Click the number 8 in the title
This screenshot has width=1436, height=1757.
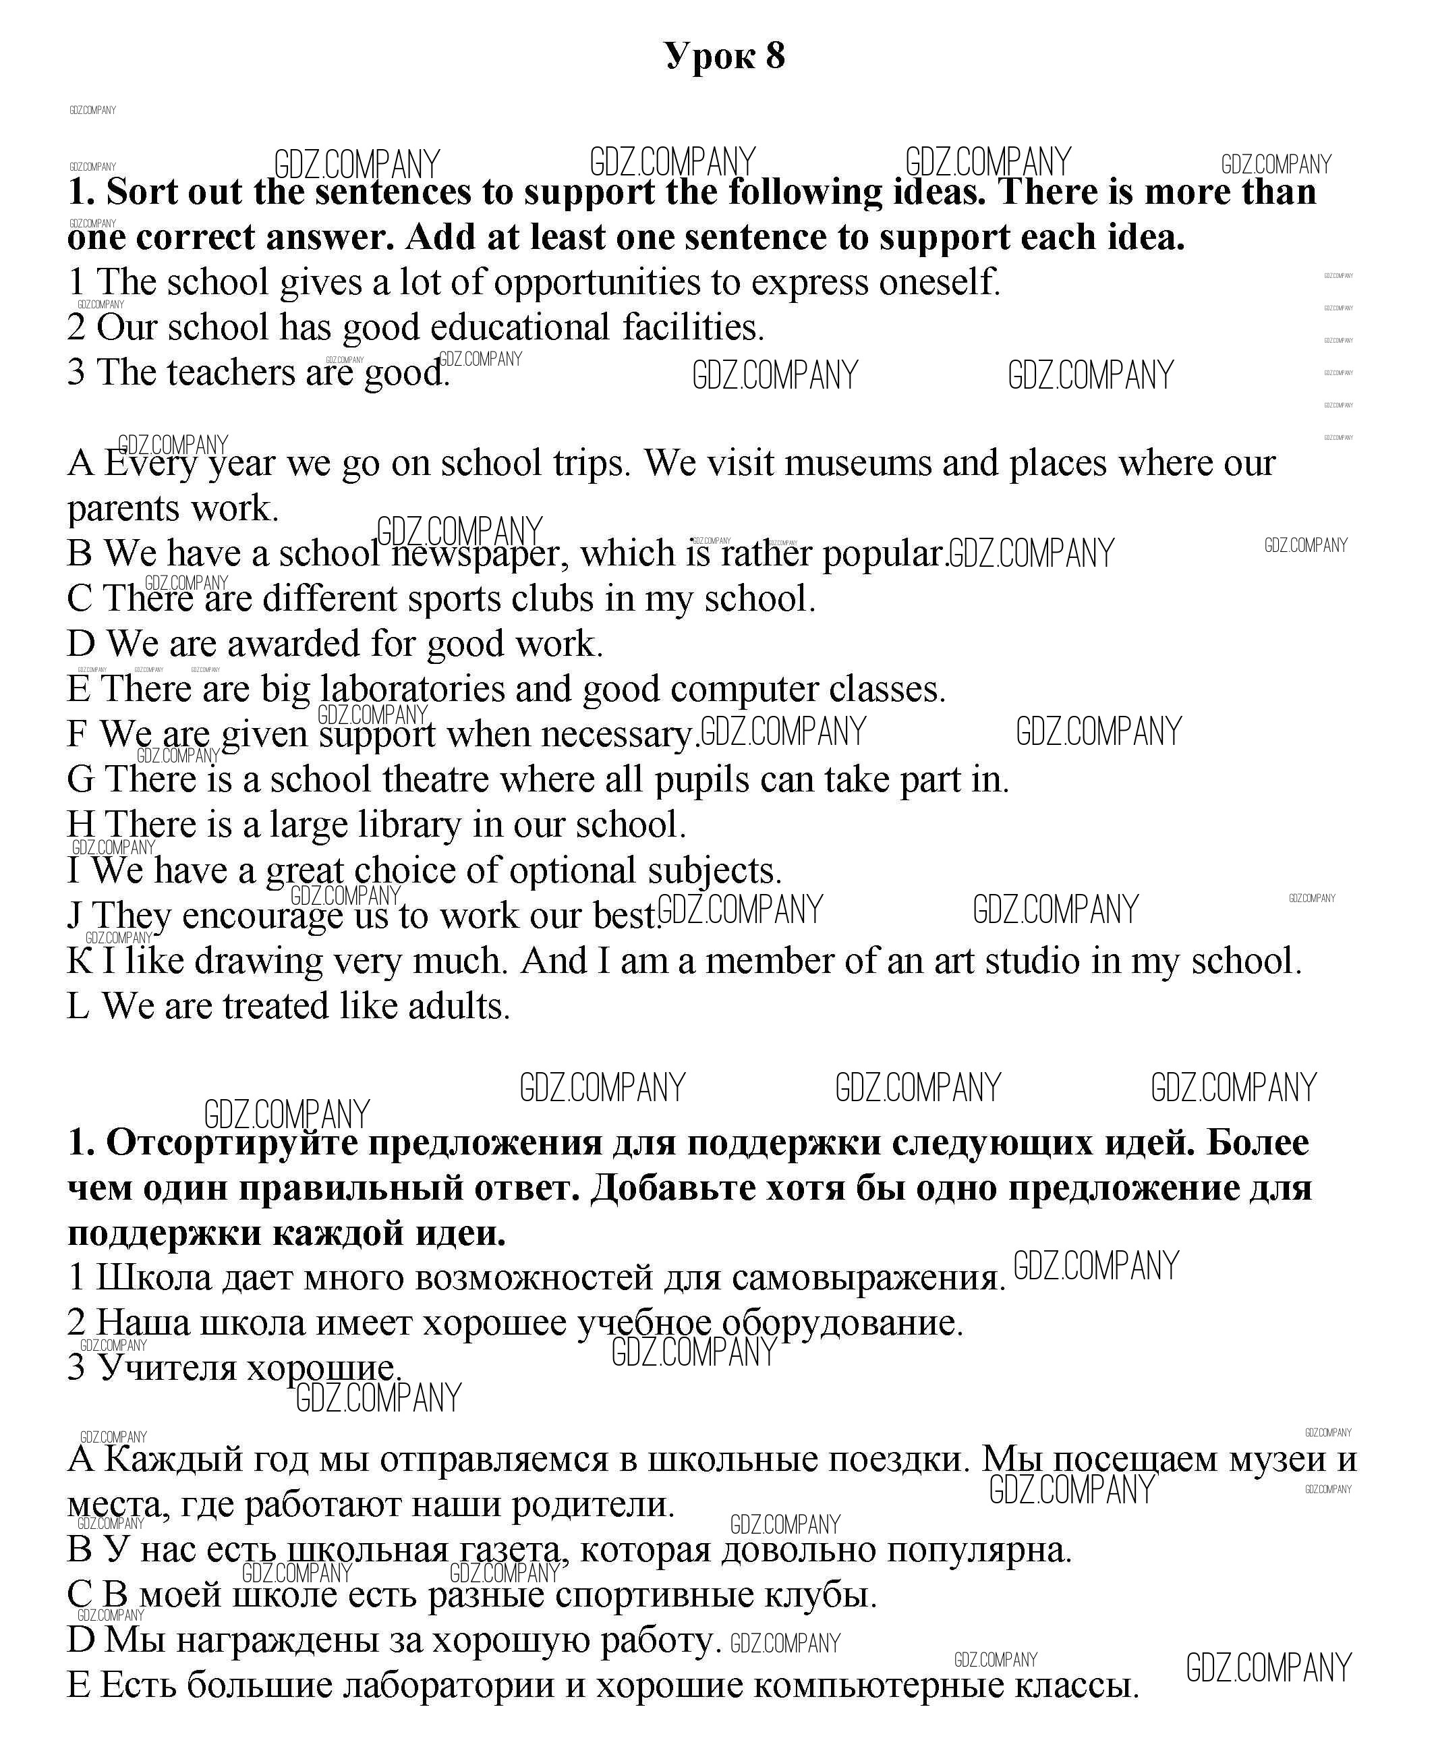(x=775, y=56)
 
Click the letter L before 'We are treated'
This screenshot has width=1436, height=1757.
(x=78, y=1007)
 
